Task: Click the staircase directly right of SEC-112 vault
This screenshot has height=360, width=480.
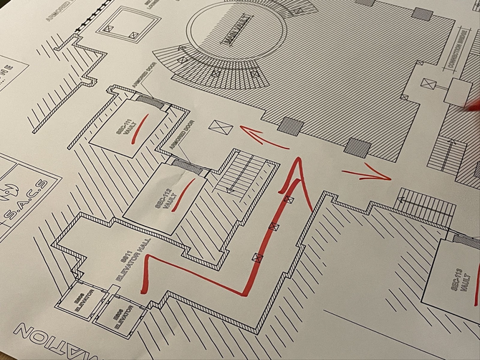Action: [245, 176]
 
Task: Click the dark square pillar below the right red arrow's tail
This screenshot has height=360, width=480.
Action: [357, 148]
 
